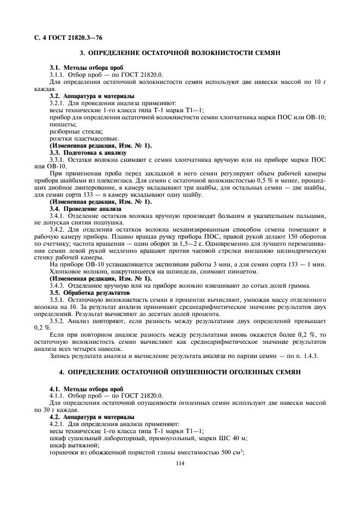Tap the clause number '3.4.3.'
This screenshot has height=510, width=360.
(x=58, y=286)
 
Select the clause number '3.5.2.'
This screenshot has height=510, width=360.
(x=58, y=321)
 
